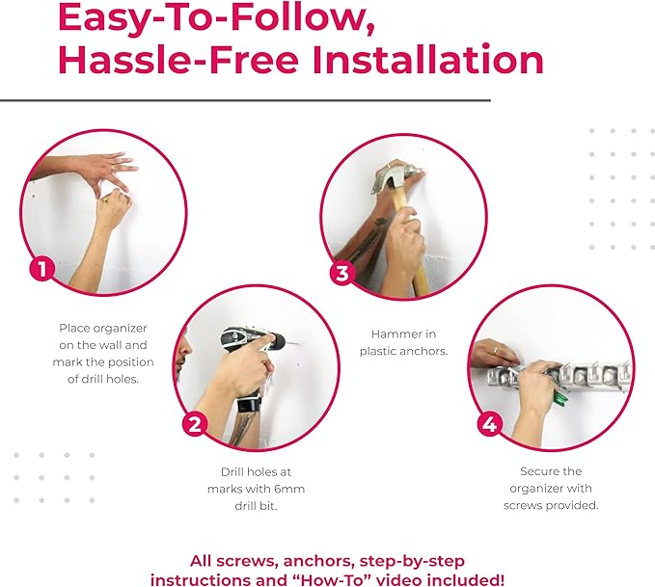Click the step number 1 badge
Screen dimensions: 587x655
point(41,267)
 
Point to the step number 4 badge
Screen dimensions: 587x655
point(489,424)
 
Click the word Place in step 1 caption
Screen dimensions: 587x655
point(76,328)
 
